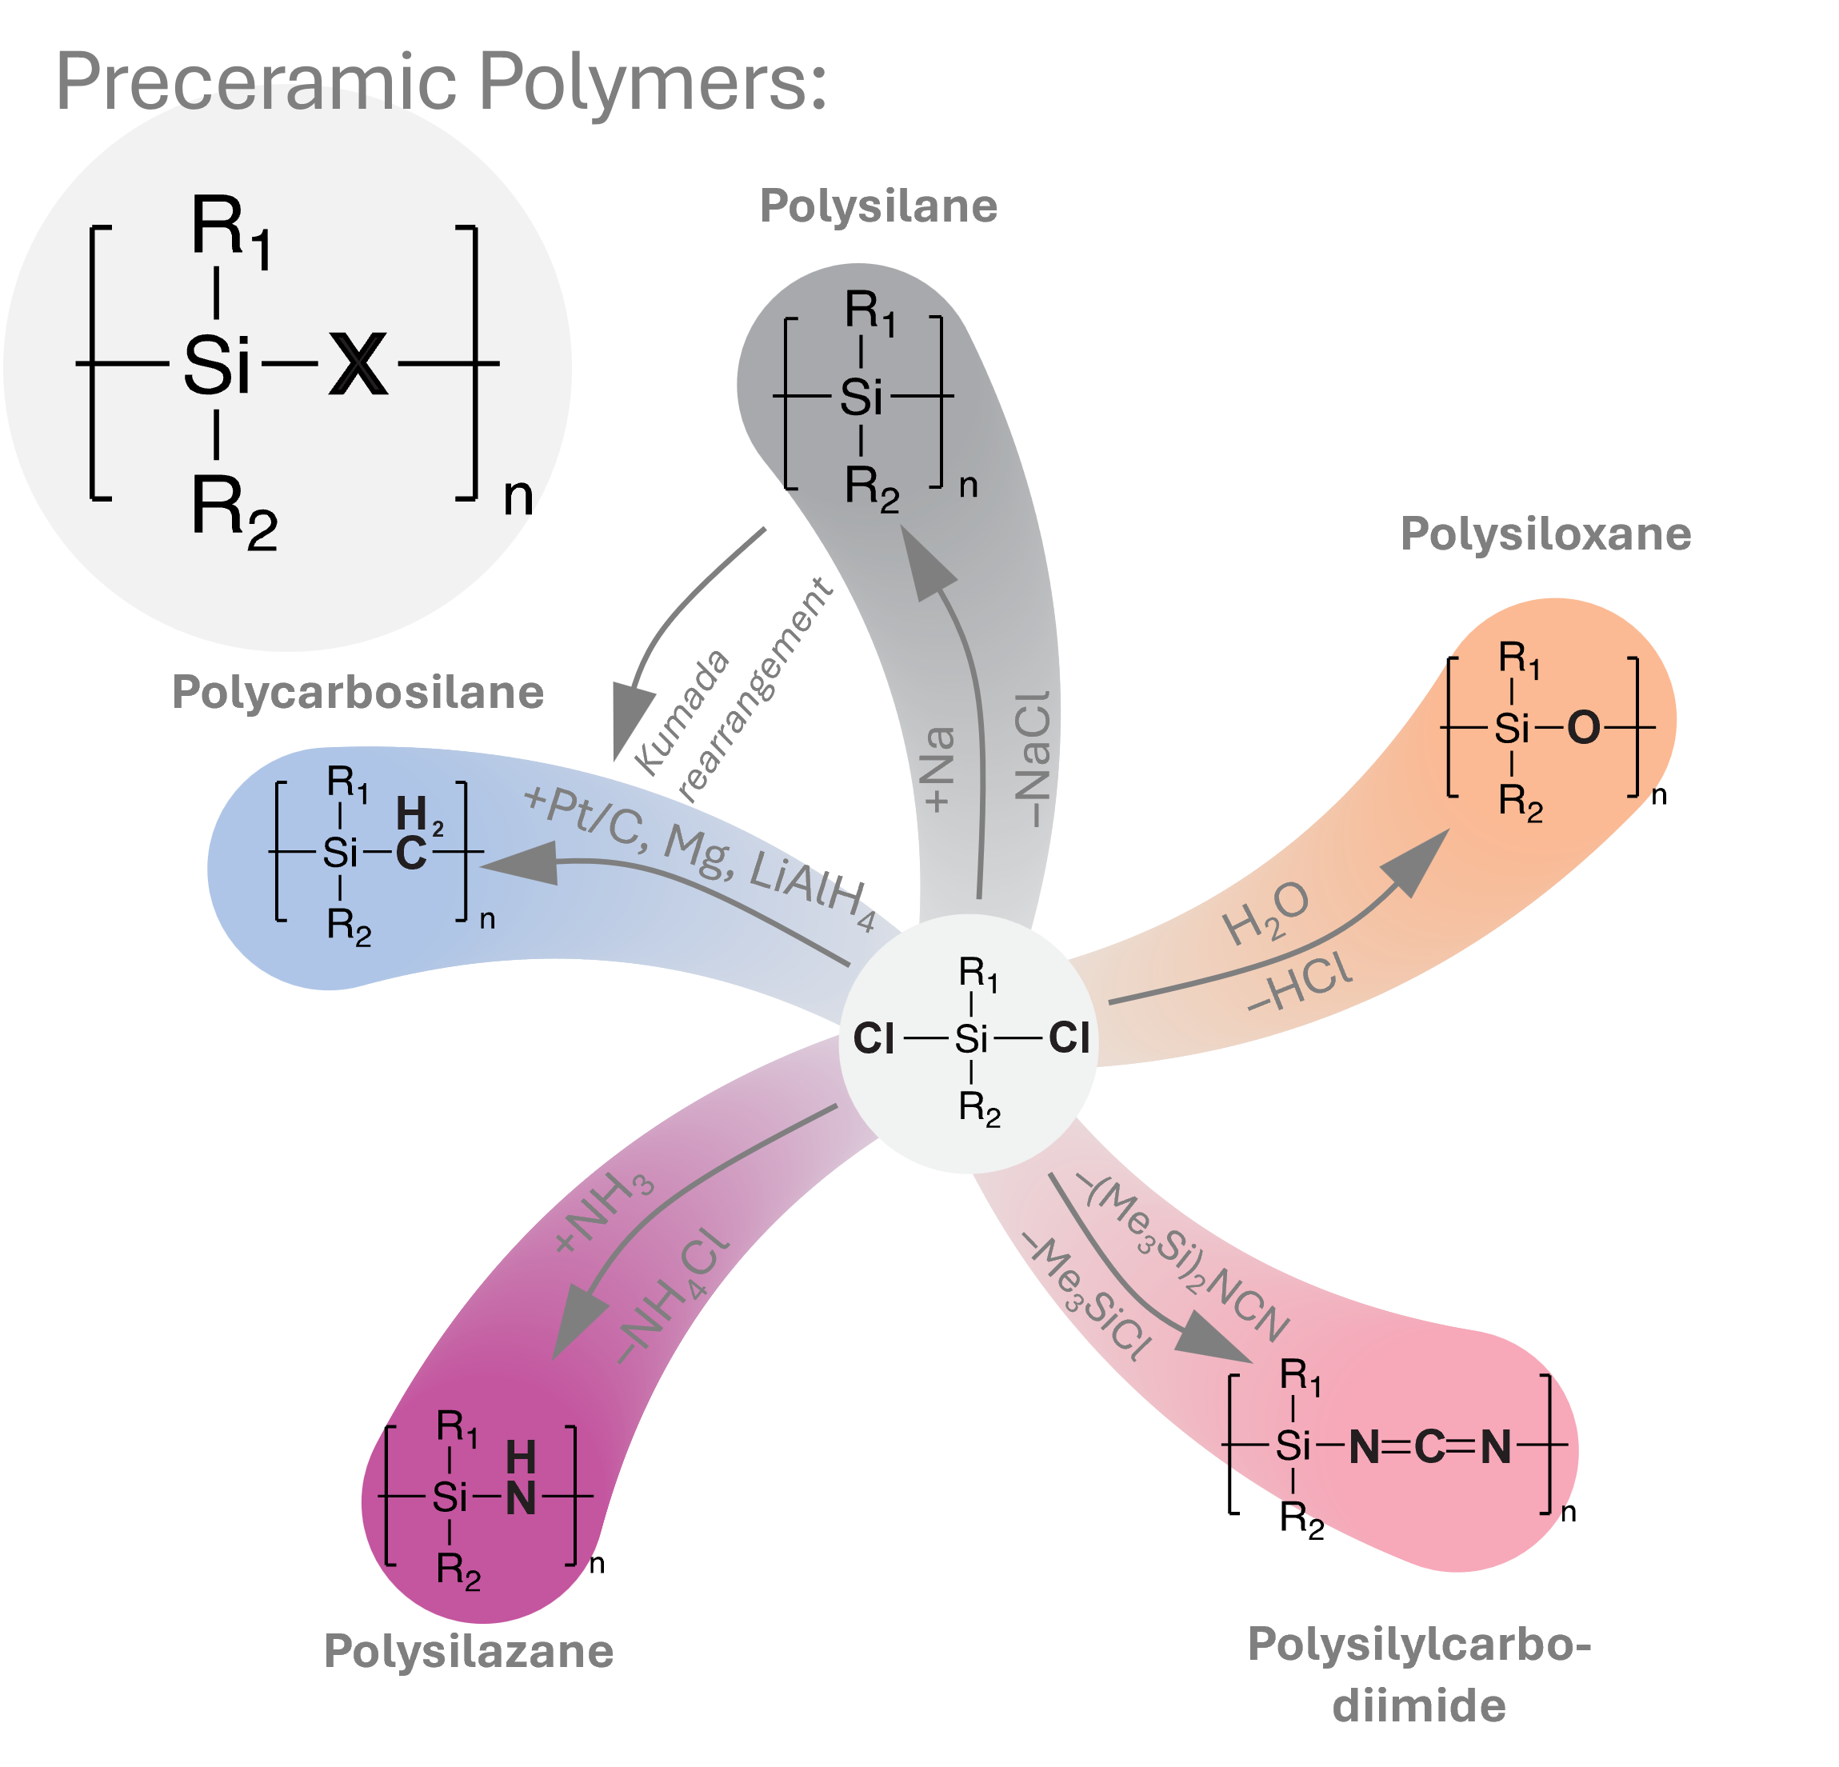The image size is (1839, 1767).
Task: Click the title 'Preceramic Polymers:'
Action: click(441, 82)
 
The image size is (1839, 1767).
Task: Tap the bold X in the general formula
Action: click(358, 364)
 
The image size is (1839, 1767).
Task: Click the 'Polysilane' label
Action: click(878, 206)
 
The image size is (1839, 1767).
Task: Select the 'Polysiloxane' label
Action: click(1545, 535)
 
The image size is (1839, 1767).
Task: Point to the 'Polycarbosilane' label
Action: click(358, 693)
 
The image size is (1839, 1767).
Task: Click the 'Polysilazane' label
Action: click(468, 1651)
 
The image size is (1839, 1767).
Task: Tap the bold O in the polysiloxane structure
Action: click(1584, 728)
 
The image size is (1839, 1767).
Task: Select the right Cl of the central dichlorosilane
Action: click(1069, 1037)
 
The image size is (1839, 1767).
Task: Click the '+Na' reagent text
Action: click(939, 769)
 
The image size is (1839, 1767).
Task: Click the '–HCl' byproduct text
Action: click(1301, 983)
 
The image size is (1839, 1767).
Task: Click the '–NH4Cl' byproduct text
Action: click(672, 1292)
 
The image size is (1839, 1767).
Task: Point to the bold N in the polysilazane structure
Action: click(521, 1498)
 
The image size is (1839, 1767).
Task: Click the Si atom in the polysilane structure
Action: click(862, 398)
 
